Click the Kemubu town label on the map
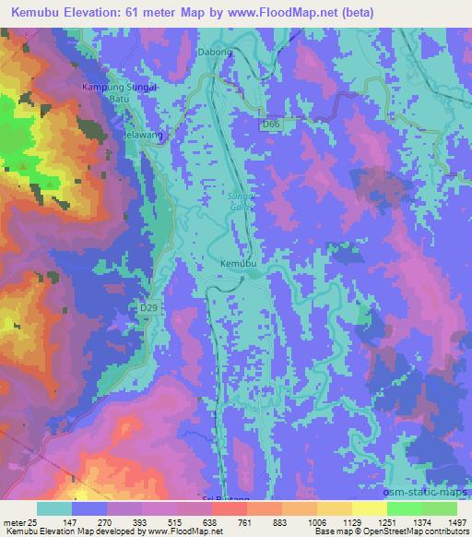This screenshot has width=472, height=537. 237,264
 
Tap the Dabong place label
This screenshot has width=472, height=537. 215,53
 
